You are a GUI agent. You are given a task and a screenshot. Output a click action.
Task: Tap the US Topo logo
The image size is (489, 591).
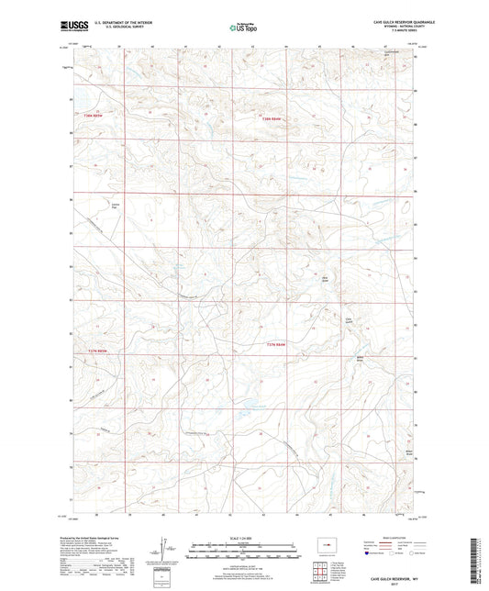tap(243, 28)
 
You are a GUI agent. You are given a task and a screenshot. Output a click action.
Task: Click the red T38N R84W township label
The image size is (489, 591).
tap(269, 117)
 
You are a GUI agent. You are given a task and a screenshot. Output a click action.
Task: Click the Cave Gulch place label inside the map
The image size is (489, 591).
tap(349, 319)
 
